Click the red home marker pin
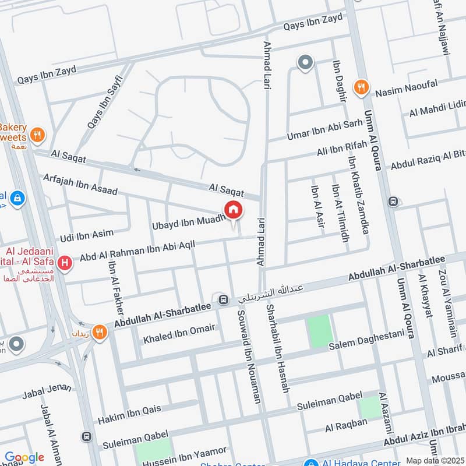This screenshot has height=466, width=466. tap(233, 210)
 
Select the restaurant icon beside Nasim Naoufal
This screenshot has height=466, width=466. tap(362, 87)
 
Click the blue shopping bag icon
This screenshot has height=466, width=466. tap(17, 199)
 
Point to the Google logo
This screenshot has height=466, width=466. tap(24, 457)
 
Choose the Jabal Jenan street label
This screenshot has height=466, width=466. tap(47, 391)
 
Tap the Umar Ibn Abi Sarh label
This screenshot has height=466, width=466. tap(324, 131)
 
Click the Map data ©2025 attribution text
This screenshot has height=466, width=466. tap(435, 460)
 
